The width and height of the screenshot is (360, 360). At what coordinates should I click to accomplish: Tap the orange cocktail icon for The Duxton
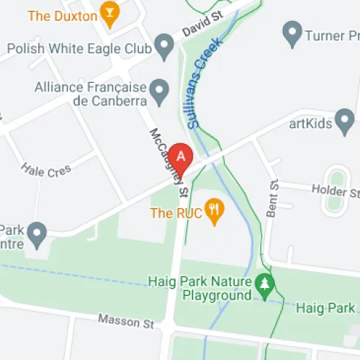coord(109,14)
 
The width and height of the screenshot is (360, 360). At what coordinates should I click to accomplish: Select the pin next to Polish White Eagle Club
coord(166,49)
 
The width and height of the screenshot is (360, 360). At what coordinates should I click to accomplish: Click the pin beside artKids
coord(345,120)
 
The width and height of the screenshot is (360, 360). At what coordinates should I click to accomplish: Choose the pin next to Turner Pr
coord(292,32)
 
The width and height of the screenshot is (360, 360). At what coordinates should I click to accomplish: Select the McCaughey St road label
coord(168,162)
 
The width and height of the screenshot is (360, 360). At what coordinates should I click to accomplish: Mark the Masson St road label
coord(127,320)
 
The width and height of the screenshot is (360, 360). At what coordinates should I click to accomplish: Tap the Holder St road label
coord(334,191)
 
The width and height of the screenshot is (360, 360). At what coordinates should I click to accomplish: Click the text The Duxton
coord(63,15)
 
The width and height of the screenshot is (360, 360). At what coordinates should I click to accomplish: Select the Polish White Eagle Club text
coord(79,49)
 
